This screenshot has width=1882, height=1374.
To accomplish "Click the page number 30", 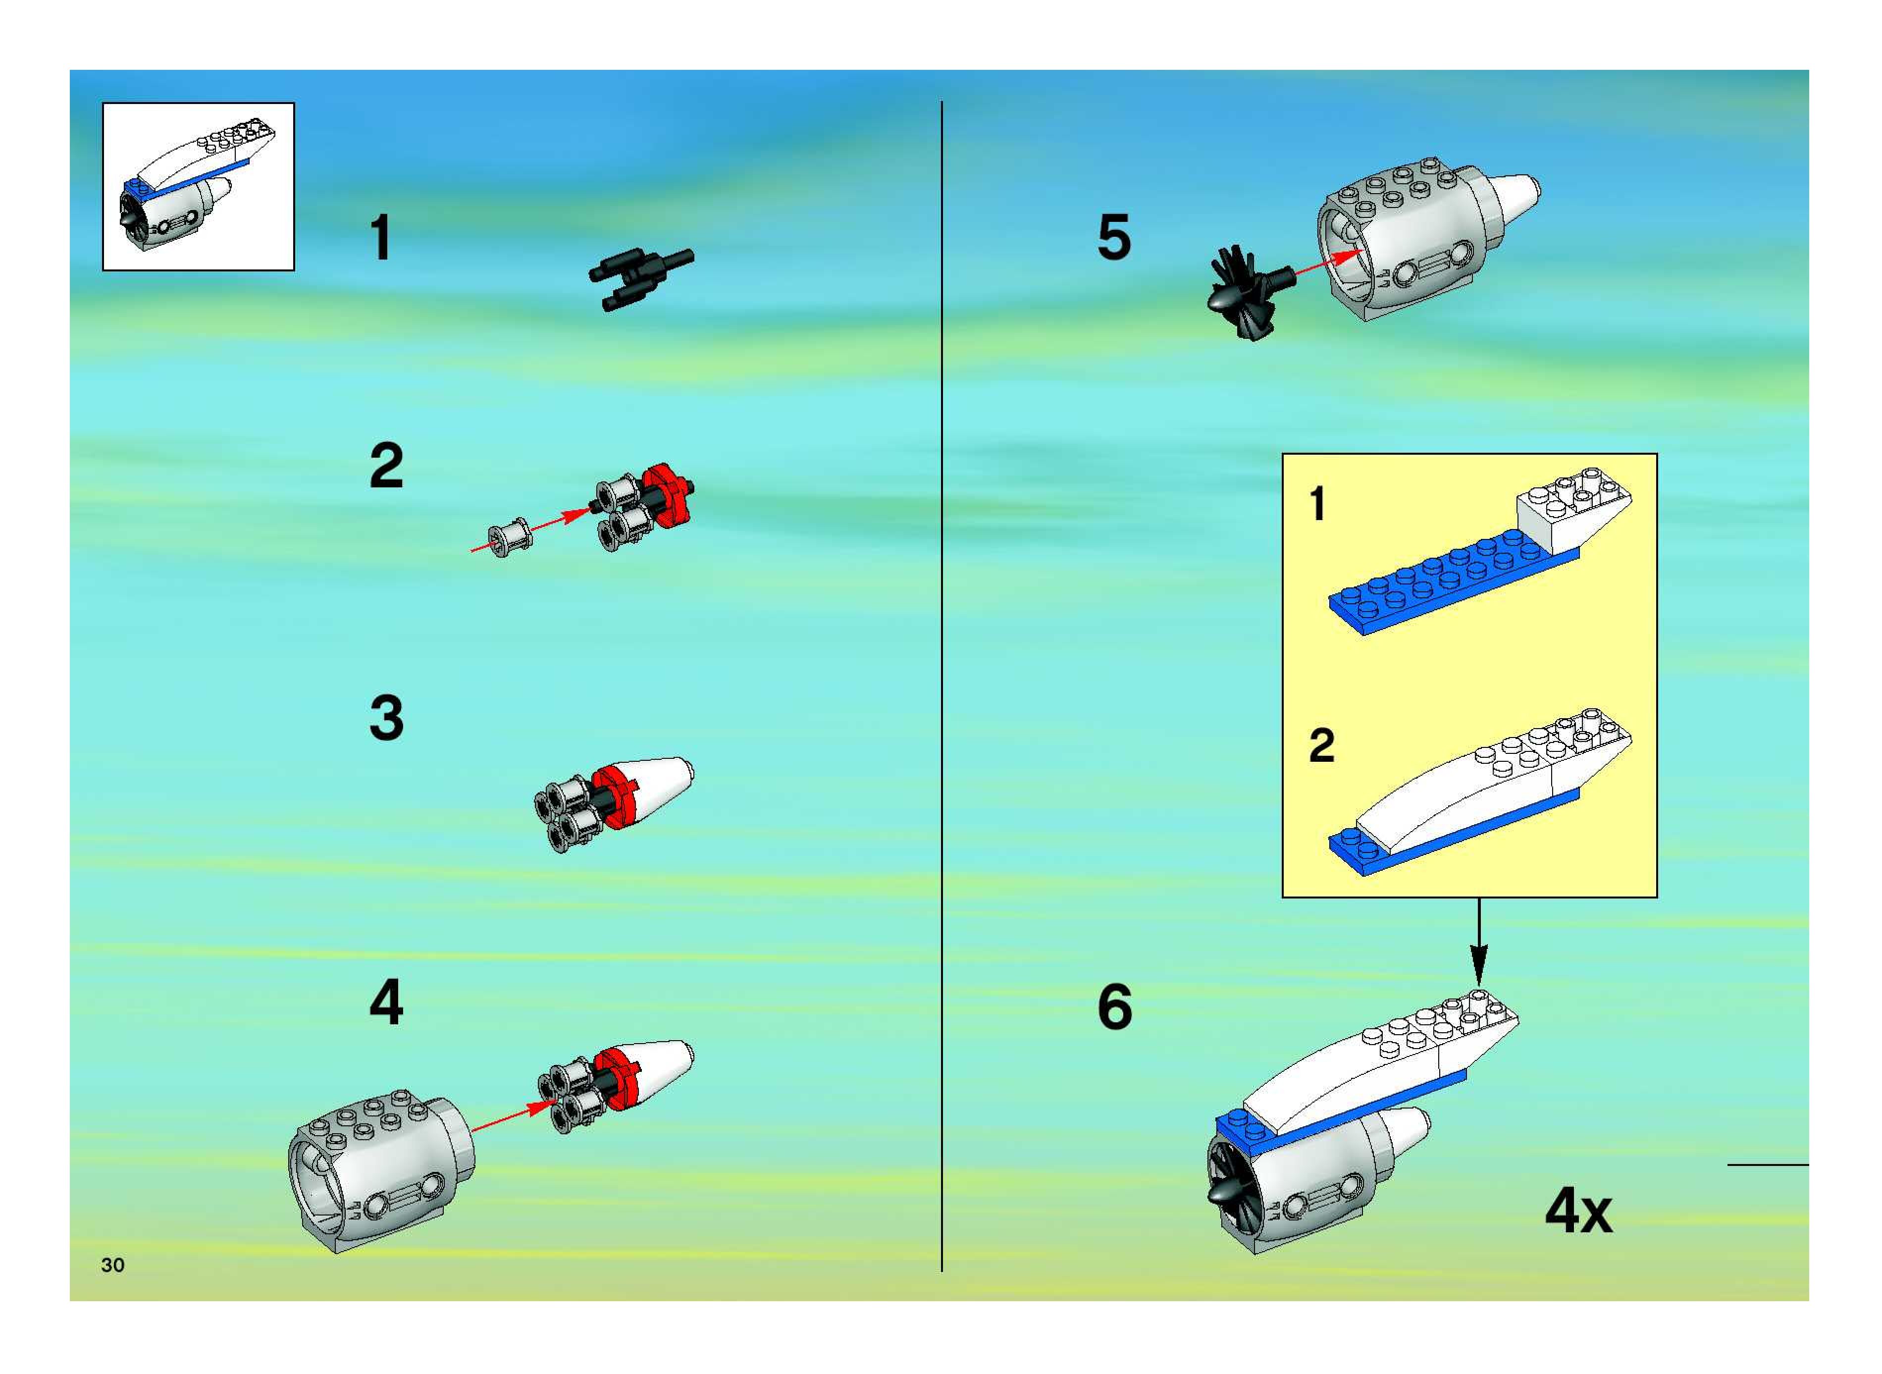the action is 112,1265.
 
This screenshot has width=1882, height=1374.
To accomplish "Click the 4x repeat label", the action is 1577,1212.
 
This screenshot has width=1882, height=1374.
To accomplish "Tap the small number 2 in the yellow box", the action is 1321,745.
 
